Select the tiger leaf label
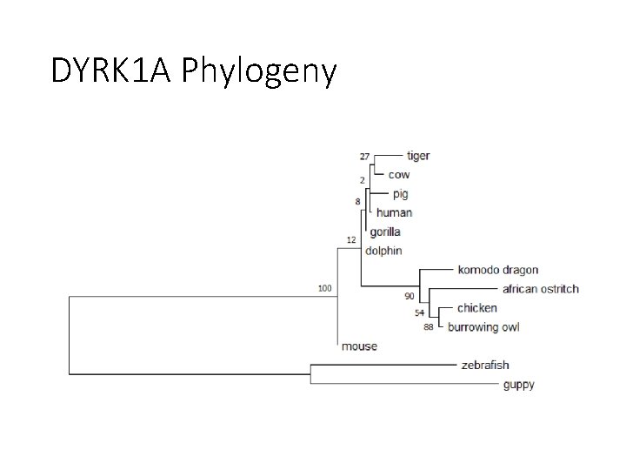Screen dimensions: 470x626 tap(418, 156)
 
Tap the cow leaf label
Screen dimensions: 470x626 tap(398, 175)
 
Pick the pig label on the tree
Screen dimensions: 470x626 tap(399, 194)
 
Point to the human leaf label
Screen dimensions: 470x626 tap(395, 212)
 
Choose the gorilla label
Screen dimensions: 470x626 tap(383, 232)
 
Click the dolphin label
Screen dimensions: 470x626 tap(383, 251)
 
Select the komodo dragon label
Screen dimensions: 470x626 tap(498, 270)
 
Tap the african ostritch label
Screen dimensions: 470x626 tap(540, 289)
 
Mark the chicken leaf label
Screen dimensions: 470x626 tap(477, 308)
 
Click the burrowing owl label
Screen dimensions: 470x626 tap(483, 327)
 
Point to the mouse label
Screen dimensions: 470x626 tap(359, 346)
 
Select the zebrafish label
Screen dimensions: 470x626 tap(485, 366)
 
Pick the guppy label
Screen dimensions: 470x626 tap(518, 385)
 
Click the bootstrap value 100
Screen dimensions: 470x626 tap(324, 288)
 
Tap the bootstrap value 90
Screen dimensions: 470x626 tap(409, 297)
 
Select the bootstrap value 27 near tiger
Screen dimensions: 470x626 tap(364, 157)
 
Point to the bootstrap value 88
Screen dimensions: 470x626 tap(429, 328)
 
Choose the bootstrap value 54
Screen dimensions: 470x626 tap(419, 312)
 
